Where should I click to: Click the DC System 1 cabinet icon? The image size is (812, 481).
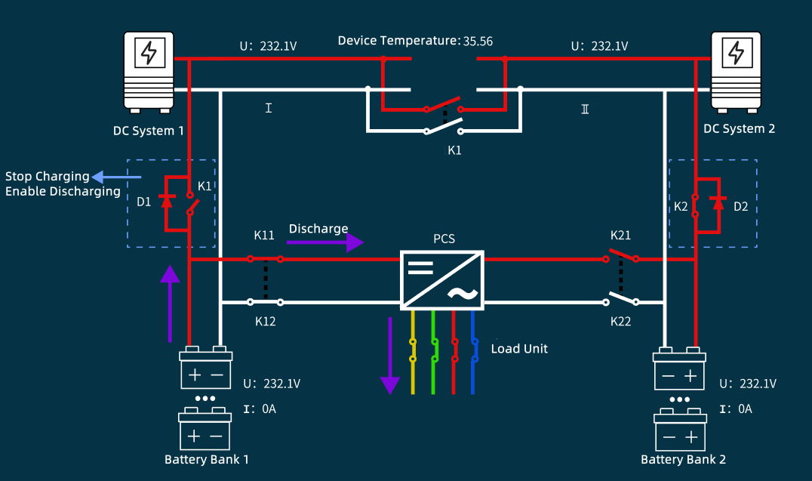[149, 69]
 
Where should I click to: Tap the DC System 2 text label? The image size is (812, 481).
[739, 128]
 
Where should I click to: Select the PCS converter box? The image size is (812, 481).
[442, 279]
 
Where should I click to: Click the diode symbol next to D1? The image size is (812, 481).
[168, 202]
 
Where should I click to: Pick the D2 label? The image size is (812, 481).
[742, 205]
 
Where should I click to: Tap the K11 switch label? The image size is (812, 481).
[264, 235]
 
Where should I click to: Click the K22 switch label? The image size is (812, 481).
[621, 322]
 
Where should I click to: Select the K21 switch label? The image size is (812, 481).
[621, 235]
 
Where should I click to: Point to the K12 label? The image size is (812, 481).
[266, 321]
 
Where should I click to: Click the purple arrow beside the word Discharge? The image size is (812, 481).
[325, 242]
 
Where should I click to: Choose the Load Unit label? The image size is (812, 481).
[519, 349]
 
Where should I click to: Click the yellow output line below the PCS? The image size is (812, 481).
[413, 362]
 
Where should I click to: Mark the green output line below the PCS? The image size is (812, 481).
[433, 362]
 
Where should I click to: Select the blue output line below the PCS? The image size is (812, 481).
[473, 362]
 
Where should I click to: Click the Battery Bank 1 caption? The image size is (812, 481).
[206, 459]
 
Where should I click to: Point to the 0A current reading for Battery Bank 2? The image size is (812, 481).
[745, 409]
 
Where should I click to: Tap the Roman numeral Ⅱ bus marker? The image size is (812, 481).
[585, 109]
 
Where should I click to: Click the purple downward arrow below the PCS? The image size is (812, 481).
[389, 355]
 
